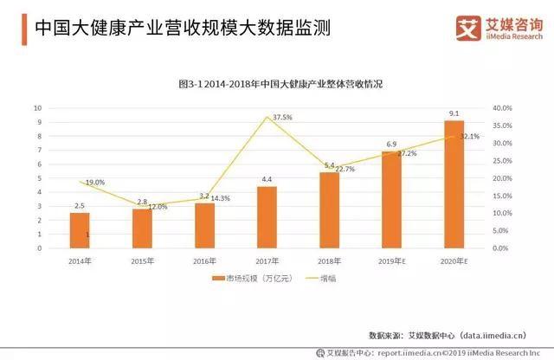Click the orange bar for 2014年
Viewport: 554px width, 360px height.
[80, 229]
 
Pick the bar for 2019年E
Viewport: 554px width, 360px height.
[391, 200]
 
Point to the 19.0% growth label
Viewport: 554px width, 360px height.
[94, 183]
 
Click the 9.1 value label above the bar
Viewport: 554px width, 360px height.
[454, 114]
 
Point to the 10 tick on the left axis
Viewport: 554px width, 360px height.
[37, 108]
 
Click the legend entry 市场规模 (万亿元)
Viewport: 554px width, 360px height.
[246, 279]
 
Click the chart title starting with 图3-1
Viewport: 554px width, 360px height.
[268, 84]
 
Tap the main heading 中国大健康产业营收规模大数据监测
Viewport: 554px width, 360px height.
[182, 28]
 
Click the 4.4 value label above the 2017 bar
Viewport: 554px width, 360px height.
[267, 179]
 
